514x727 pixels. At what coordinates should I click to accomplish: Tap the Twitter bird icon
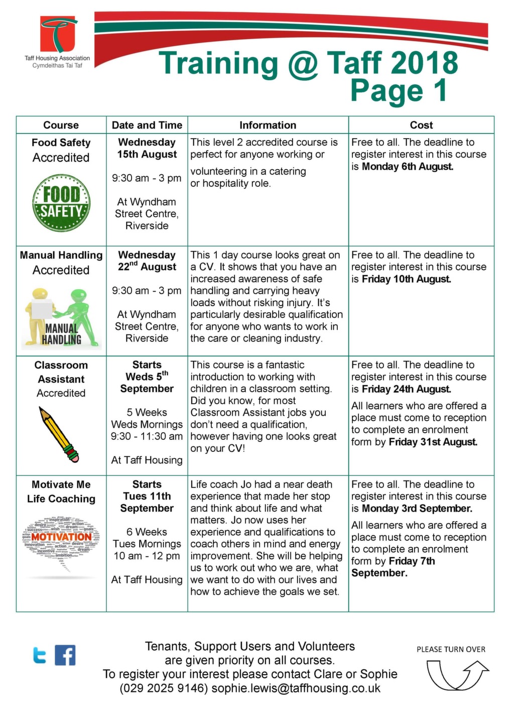click(x=40, y=655)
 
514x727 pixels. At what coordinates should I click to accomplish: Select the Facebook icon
click(x=65, y=655)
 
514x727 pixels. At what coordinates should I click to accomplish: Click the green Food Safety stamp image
click(x=61, y=202)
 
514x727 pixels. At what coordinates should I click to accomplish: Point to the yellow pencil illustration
click(x=59, y=435)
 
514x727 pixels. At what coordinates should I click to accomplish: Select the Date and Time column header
click(x=147, y=125)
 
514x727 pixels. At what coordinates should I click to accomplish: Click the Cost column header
click(x=421, y=125)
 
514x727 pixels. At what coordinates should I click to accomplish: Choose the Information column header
click(x=268, y=125)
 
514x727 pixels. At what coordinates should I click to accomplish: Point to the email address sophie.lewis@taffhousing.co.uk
click(x=296, y=688)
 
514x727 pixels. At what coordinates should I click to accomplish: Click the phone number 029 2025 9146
click(x=164, y=688)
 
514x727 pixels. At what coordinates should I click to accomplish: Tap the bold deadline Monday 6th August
click(x=407, y=167)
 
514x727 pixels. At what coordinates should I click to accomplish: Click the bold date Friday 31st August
click(x=433, y=442)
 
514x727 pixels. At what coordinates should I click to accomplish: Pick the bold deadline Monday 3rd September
click(x=417, y=508)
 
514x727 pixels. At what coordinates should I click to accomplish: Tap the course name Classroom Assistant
click(x=61, y=372)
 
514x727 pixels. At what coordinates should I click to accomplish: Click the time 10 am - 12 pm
click(x=147, y=556)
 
